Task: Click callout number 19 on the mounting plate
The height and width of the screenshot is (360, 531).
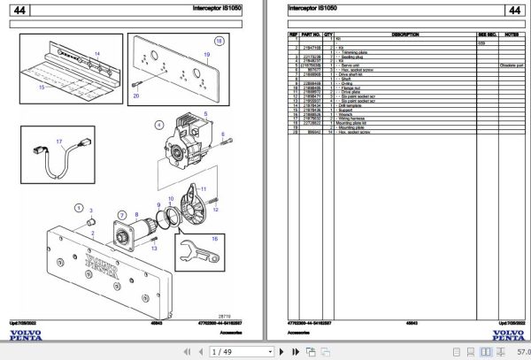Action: (x=206, y=54)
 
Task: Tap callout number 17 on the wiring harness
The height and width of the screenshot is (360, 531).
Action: (x=59, y=142)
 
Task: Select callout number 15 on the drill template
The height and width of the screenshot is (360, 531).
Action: (x=40, y=87)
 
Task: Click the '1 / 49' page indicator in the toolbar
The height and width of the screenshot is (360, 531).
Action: (x=211, y=352)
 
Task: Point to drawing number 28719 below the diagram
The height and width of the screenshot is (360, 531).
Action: (x=226, y=314)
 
